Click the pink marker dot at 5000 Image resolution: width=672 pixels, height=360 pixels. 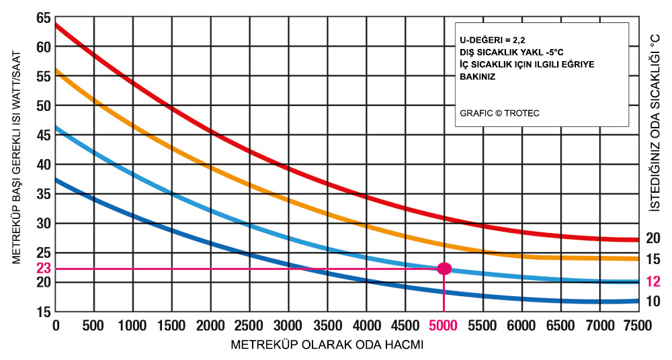point(444,269)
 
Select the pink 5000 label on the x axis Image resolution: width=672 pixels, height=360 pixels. point(444,326)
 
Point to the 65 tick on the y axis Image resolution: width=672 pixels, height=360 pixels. point(44,17)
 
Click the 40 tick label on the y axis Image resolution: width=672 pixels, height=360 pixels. point(44,165)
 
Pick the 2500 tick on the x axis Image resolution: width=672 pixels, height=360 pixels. point(249,326)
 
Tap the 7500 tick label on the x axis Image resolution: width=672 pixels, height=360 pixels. point(636,326)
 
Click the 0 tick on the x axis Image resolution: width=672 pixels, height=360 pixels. point(56,326)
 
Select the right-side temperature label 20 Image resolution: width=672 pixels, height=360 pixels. point(653,238)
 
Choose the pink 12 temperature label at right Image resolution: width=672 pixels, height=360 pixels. point(653,281)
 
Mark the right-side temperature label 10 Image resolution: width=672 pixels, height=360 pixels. point(653,302)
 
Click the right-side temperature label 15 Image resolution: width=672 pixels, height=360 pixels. point(653,259)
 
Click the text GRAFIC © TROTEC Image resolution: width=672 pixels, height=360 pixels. point(500,113)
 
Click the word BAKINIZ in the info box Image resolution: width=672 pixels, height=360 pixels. point(478,77)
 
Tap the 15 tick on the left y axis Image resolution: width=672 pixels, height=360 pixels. point(44,312)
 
